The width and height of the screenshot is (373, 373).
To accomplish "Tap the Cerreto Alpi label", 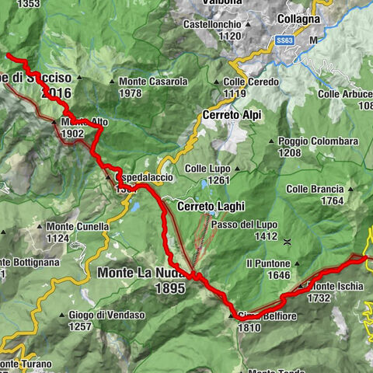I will pyautogui.click(x=232, y=114).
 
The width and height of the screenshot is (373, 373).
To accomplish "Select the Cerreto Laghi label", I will pyautogui.click(x=211, y=207).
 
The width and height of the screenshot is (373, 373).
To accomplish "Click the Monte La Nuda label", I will pyautogui.click(x=142, y=273).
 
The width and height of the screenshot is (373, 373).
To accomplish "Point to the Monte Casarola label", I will pyautogui.click(x=154, y=82).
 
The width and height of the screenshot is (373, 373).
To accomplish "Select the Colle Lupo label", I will pyautogui.click(x=208, y=168).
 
